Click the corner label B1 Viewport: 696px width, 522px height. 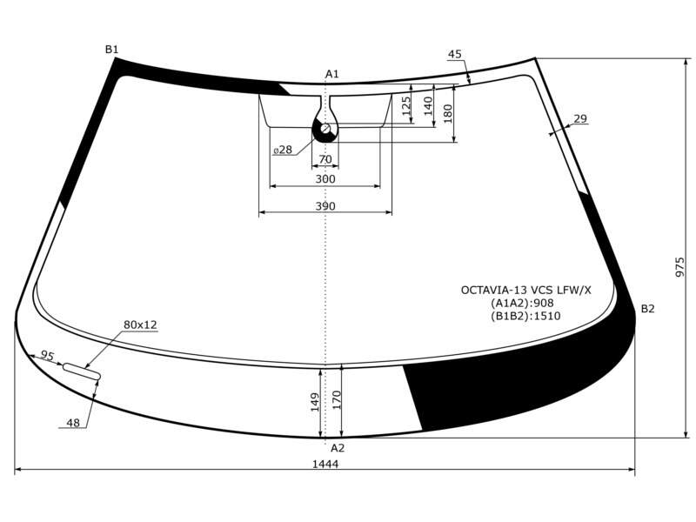(x=111, y=50)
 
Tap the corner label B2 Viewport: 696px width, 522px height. (x=647, y=309)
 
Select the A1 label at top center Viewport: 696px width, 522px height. (x=332, y=74)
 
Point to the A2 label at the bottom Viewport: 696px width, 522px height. (x=338, y=448)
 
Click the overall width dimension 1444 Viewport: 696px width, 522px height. (x=325, y=464)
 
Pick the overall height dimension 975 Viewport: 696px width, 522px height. (x=680, y=267)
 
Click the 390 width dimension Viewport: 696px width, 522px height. (x=325, y=206)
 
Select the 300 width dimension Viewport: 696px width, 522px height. (x=325, y=179)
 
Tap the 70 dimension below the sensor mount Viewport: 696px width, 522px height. (x=325, y=159)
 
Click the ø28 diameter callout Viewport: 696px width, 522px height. (x=283, y=150)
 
